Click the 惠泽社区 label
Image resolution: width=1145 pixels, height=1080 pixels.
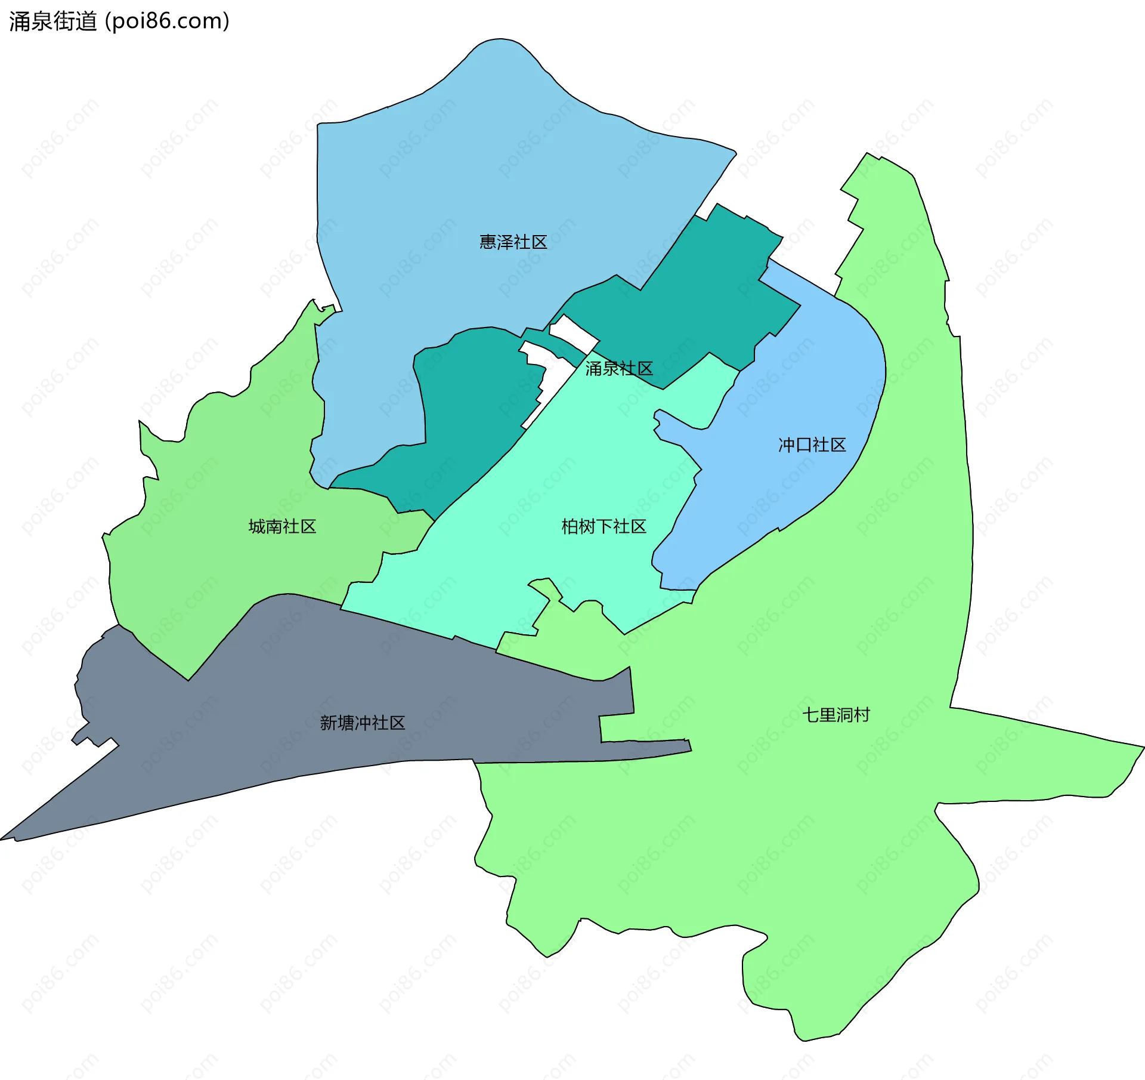tap(513, 242)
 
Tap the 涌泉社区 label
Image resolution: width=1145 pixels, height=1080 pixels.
tap(618, 369)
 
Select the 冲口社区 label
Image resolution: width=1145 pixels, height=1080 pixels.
tap(812, 445)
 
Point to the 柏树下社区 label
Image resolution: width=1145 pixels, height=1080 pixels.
tap(604, 526)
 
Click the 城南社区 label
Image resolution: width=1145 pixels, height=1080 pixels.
tap(282, 526)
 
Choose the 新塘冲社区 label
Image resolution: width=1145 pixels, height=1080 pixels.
tap(363, 723)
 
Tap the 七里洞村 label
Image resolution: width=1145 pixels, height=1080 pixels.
tap(836, 715)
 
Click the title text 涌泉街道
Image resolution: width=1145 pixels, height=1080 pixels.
tap(52, 21)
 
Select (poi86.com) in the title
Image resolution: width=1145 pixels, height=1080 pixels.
tap(167, 21)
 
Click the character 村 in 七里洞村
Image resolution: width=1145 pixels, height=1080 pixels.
tap(862, 715)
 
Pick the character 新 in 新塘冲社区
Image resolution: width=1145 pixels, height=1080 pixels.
tap(329, 723)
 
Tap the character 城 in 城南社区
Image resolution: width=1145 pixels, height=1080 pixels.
tap(257, 526)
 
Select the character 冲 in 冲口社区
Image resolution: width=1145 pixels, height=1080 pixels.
tap(787, 445)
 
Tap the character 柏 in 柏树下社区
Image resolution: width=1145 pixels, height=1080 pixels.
tap(570, 526)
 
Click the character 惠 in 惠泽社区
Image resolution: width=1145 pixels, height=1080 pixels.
tap(488, 242)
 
